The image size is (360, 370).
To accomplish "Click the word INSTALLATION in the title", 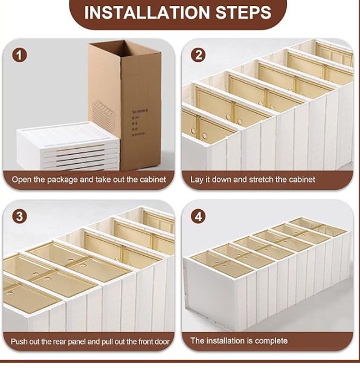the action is [x=147, y=12].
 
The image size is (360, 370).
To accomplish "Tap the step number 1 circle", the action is [x=19, y=55].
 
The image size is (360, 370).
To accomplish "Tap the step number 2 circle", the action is [x=198, y=55].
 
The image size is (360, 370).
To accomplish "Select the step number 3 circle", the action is [x=19, y=216].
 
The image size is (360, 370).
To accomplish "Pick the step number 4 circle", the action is [x=198, y=216].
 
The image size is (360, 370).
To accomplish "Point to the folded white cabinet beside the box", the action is [x=68, y=146].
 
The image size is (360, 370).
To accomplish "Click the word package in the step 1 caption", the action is [x=62, y=180].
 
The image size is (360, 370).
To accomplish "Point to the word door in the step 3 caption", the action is [x=162, y=342].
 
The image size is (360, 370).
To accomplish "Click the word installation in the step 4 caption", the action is [x=223, y=341].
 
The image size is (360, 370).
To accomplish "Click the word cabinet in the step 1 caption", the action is [x=153, y=180].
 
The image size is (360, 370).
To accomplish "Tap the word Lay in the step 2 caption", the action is [x=196, y=180].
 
